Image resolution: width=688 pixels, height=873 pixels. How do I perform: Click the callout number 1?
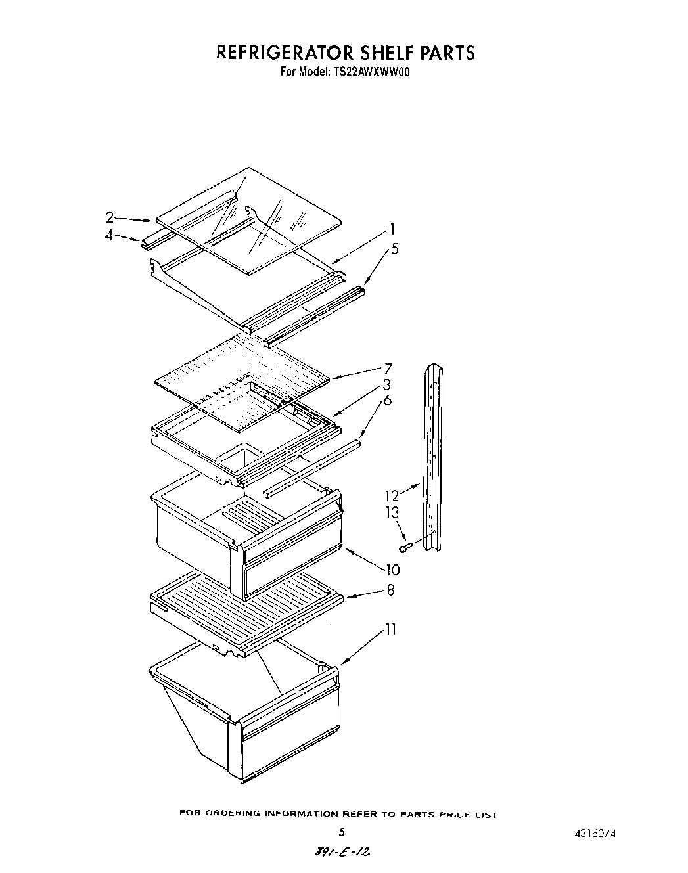click(392, 229)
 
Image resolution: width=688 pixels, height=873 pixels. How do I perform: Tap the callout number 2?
click(110, 217)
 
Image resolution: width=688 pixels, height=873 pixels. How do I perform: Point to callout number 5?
click(394, 249)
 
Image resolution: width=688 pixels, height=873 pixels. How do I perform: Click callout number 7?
click(388, 369)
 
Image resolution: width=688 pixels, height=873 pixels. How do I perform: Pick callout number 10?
click(392, 570)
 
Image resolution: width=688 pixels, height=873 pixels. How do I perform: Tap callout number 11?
click(390, 629)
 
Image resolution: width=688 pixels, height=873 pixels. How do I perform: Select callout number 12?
click(392, 496)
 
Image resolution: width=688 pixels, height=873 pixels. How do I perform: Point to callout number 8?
click(390, 590)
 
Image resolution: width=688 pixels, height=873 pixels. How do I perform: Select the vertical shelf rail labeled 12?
click(432, 453)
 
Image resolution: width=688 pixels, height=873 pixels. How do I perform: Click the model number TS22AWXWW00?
click(367, 73)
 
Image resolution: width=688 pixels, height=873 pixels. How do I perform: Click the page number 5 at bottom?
click(341, 832)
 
